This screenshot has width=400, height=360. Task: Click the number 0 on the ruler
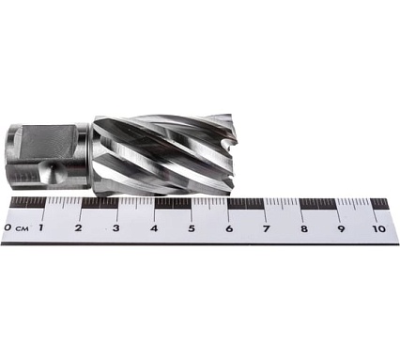coord(8,227)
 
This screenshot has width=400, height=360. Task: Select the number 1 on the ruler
coord(40,227)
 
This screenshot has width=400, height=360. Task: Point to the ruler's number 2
coord(78,227)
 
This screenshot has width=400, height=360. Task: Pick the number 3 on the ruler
coord(115,227)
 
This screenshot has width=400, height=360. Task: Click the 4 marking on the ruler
coord(154,227)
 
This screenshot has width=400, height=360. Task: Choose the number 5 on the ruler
coord(192,227)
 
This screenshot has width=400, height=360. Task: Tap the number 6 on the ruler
coord(229,227)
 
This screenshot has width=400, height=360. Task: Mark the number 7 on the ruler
coord(267,227)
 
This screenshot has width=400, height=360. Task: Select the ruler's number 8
coord(304,227)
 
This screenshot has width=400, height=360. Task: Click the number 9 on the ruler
coord(342,227)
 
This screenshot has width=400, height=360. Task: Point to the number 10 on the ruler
coord(377,227)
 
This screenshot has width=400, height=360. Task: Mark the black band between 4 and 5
coord(174,202)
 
